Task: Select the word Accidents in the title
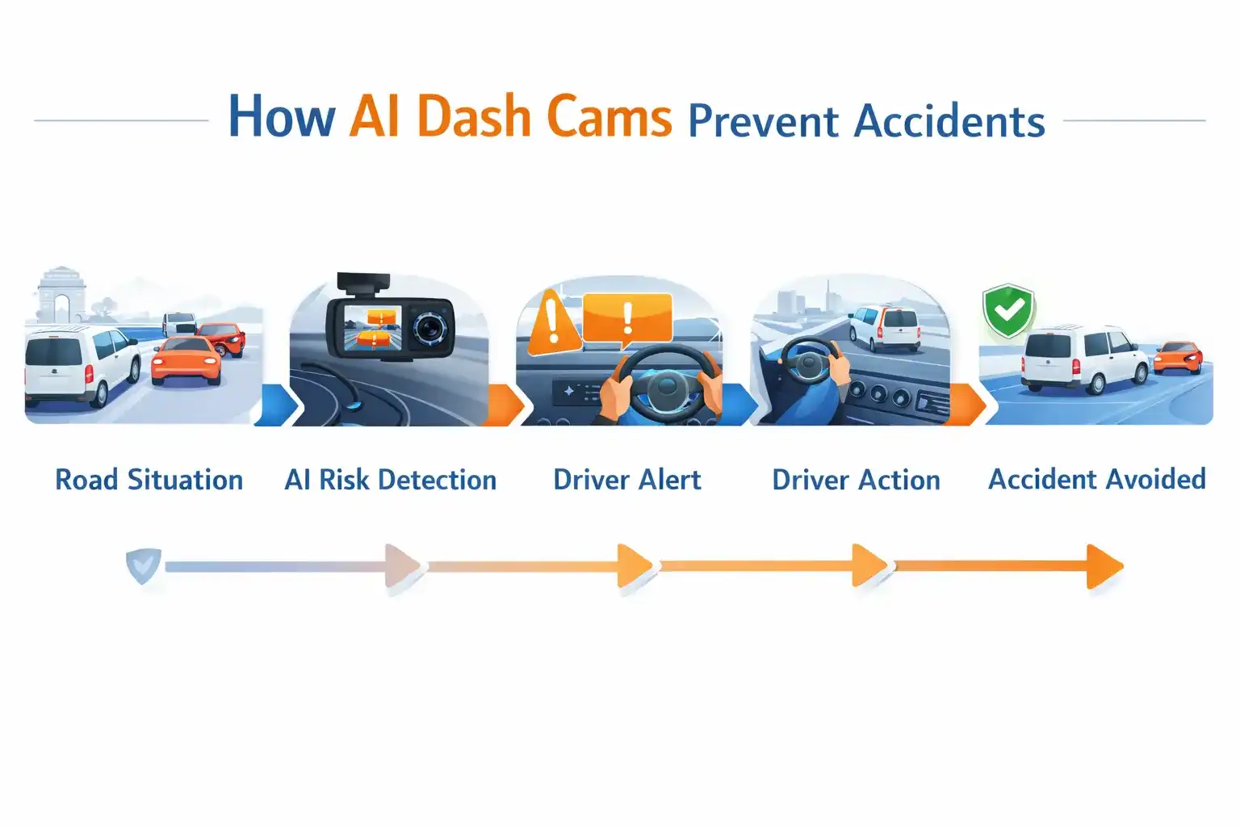(x=949, y=122)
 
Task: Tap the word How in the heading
(x=282, y=117)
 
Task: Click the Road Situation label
(x=149, y=480)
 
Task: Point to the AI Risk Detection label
(x=390, y=480)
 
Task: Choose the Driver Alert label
(x=627, y=480)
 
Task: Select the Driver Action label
(x=856, y=480)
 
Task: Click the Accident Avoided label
(x=1096, y=479)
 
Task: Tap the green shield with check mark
(x=1008, y=311)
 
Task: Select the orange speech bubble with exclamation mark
(x=627, y=319)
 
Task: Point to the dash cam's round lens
(x=430, y=326)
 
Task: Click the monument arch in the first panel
(x=61, y=296)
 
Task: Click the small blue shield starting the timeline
(x=144, y=565)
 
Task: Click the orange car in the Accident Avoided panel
(x=1178, y=358)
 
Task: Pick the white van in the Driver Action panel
(x=884, y=327)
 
